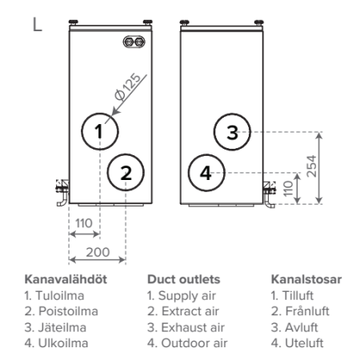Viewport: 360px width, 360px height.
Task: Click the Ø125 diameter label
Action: click(x=127, y=86)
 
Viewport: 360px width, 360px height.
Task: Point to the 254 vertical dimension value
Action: click(x=311, y=166)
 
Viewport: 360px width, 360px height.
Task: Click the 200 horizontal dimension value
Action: click(x=98, y=252)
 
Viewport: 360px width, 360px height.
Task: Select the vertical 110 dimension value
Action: click(x=288, y=189)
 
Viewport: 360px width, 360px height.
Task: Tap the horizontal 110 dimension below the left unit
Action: click(x=84, y=223)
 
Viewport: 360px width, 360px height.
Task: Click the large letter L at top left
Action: click(x=37, y=24)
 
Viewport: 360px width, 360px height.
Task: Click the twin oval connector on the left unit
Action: click(x=134, y=42)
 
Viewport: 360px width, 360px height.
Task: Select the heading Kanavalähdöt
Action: click(x=66, y=279)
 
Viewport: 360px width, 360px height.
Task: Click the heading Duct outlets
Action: click(x=184, y=279)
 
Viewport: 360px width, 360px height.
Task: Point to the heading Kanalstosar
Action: click(x=306, y=279)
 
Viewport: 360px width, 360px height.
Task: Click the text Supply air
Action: click(x=187, y=296)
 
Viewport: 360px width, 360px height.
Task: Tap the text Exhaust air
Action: click(x=193, y=327)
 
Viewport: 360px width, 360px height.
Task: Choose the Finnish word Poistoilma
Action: click(x=68, y=311)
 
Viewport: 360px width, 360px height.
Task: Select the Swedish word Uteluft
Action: click(x=304, y=343)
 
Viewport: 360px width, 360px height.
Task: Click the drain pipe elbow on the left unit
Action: click(x=62, y=199)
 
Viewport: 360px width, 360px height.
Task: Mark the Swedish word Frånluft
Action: click(x=307, y=311)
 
